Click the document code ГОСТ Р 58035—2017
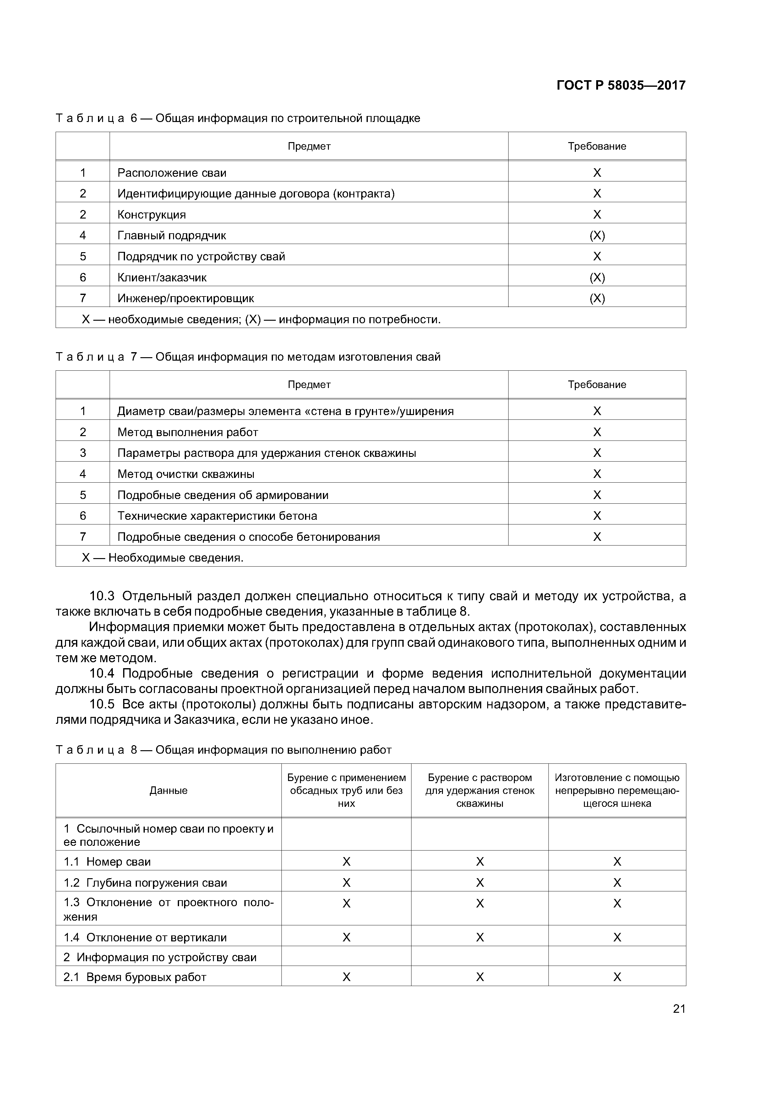pos(621,86)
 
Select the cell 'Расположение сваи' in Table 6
pos(172,173)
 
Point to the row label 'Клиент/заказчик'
pos(162,278)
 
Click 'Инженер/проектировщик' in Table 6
pos(185,298)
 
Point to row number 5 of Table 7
pos(83,495)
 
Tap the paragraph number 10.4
pos(102,673)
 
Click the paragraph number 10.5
pos(102,704)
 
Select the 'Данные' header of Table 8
pos(168,790)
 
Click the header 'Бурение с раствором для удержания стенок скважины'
pos(480,790)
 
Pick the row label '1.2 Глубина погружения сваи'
pos(145,883)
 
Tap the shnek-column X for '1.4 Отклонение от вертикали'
pos(617,938)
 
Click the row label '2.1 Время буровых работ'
pos(134,977)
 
